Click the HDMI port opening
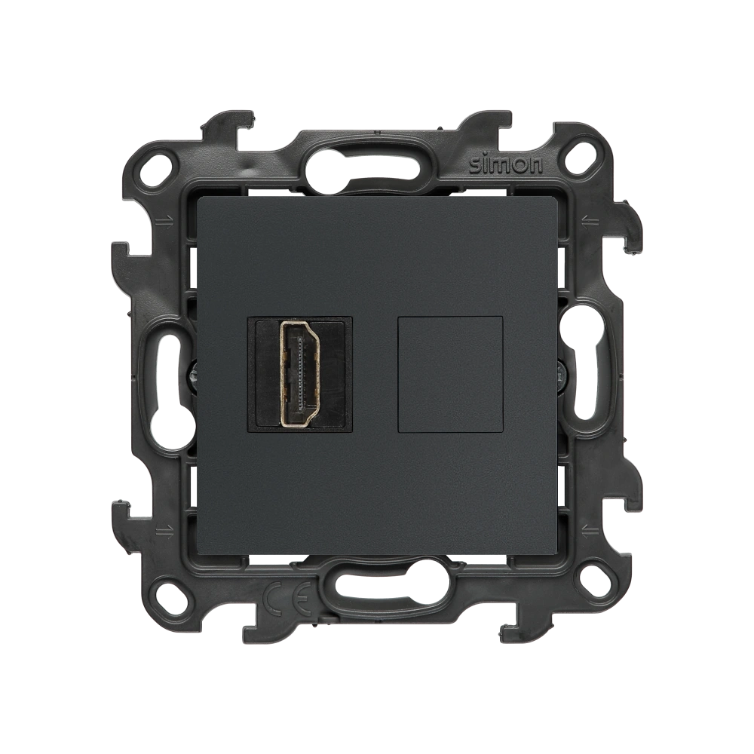[300, 374]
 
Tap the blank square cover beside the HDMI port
[451, 374]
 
